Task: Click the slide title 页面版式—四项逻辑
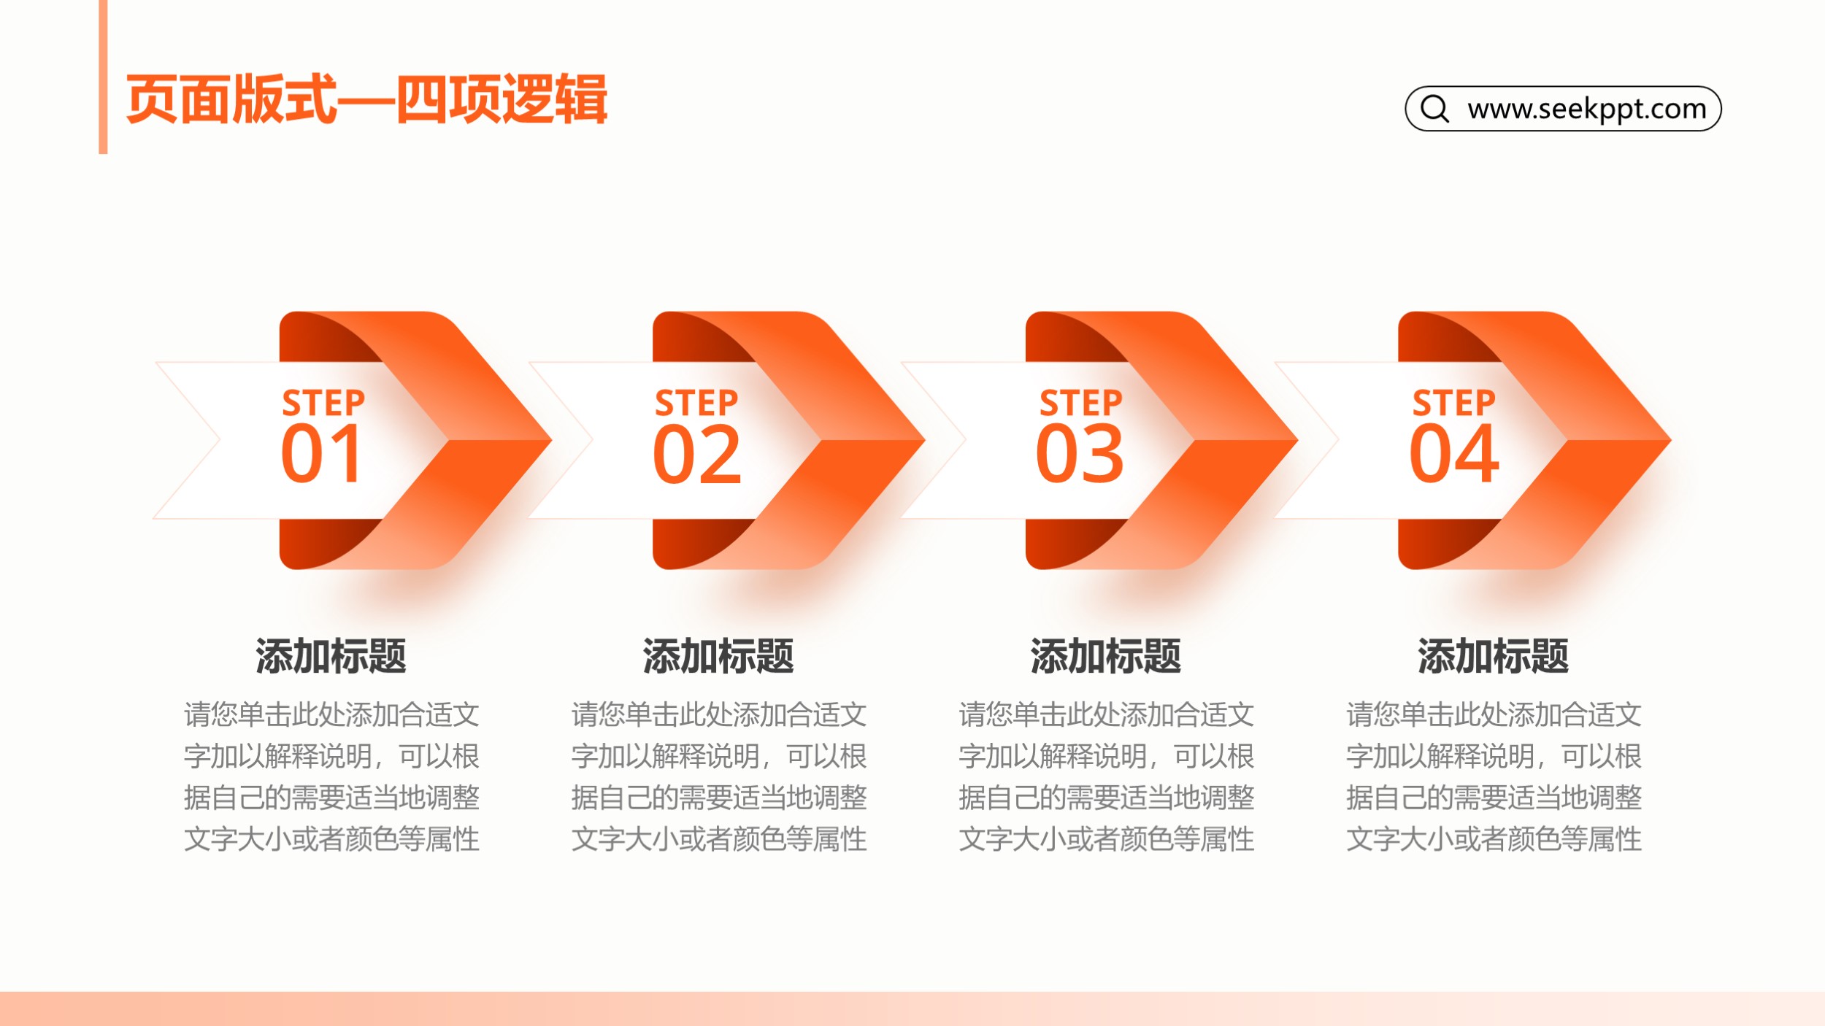(x=366, y=99)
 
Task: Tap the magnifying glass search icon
(x=1434, y=109)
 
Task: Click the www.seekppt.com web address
(x=1587, y=109)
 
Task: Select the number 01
(x=321, y=454)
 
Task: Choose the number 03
(x=1080, y=454)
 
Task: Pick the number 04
(x=1454, y=454)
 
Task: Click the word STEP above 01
(x=323, y=403)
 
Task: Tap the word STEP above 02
(x=696, y=403)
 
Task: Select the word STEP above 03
(x=1081, y=403)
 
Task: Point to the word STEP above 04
(x=1454, y=403)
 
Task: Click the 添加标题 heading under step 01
(x=331, y=655)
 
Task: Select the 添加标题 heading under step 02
(x=718, y=655)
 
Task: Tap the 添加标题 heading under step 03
(x=1106, y=655)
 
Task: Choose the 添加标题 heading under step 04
(x=1494, y=655)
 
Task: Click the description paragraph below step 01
(x=331, y=776)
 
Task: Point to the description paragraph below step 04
(x=1494, y=776)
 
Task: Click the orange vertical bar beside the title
(x=103, y=77)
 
